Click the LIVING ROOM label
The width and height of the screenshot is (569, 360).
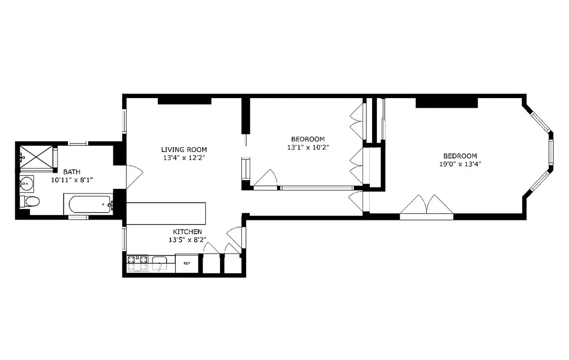pos(184,149)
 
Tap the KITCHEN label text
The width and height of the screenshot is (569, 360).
pos(188,232)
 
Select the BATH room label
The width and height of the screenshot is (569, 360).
pos(72,171)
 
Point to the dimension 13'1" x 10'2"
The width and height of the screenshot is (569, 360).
pos(307,147)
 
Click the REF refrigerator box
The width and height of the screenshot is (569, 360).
pos(186,264)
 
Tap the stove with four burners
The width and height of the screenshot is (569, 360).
pos(137,263)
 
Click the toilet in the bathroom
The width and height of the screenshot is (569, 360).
pos(30,201)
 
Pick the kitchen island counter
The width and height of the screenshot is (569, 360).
pos(166,213)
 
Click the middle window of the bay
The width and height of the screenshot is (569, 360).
pos(551,155)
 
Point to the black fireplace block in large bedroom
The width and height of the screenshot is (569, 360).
pos(446,103)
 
